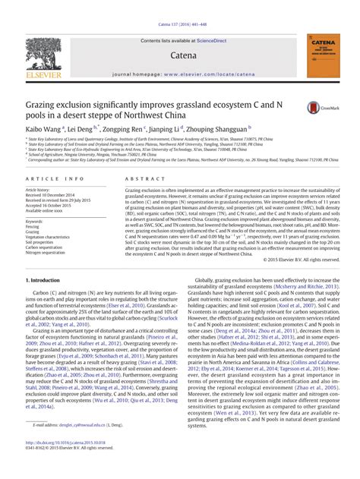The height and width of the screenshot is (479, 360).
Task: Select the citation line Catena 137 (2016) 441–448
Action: pyautogui.click(x=180, y=6)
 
